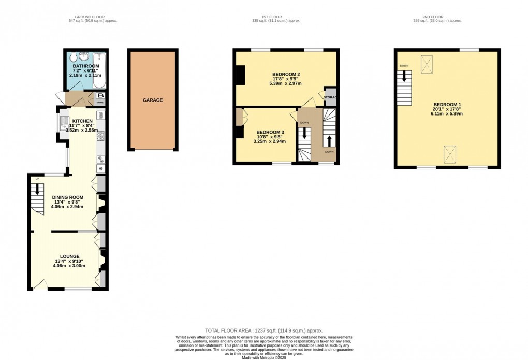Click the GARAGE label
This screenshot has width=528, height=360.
click(153, 100)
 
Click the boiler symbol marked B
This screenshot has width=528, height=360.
click(101, 96)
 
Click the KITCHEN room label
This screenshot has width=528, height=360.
click(82, 121)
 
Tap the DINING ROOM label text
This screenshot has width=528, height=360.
click(67, 197)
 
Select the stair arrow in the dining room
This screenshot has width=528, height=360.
click(37, 191)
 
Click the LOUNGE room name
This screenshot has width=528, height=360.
click(70, 256)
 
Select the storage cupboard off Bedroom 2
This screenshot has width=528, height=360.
click(330, 97)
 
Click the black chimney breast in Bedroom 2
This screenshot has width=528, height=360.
click(240, 76)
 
